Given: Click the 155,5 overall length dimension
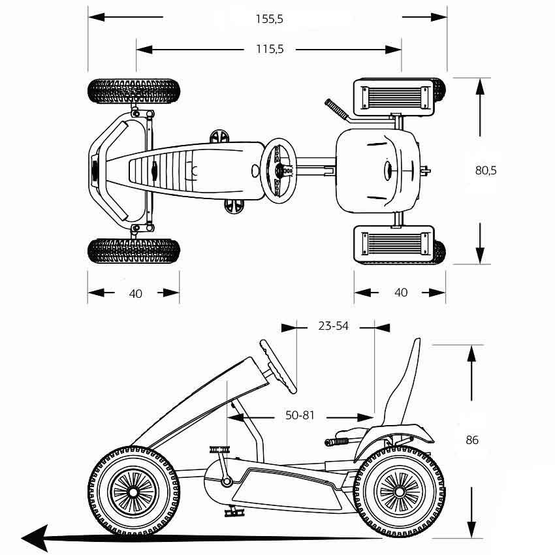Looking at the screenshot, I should click(x=269, y=19).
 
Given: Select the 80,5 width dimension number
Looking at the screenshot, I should click(x=485, y=170).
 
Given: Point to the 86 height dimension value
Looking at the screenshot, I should click(x=471, y=440).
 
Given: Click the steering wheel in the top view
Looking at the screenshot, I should click(x=279, y=169).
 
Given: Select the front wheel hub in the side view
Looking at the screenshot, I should click(x=133, y=490).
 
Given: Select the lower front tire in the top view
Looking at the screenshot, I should click(x=133, y=249).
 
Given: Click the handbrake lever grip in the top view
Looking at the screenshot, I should click(x=336, y=108).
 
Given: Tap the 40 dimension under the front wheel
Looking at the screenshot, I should click(x=135, y=293).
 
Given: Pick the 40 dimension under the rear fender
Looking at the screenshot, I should click(x=401, y=293).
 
